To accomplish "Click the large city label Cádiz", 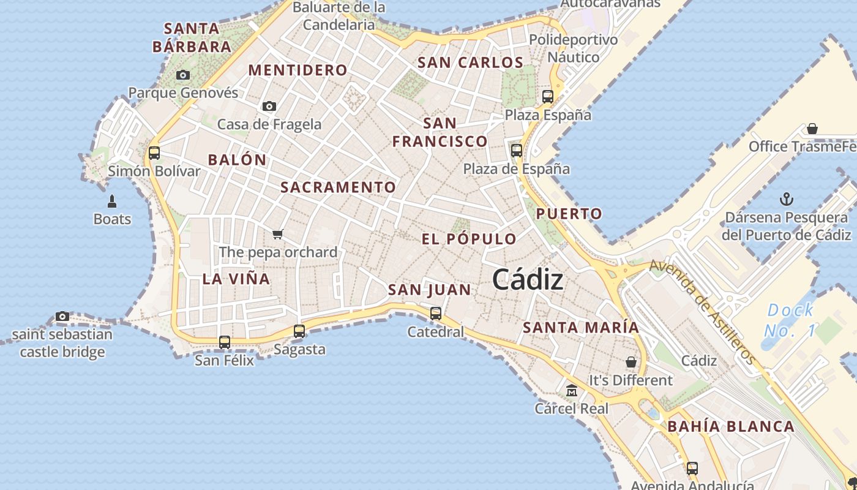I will [527, 280].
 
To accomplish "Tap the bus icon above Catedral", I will [436, 314].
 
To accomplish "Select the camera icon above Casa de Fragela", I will [269, 107].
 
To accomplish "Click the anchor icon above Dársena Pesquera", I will [787, 199].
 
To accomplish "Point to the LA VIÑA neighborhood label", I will [236, 279].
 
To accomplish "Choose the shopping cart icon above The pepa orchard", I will [278, 234].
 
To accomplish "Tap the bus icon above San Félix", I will [225, 342].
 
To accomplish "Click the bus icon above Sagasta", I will [299, 331].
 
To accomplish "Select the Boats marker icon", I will [112, 201].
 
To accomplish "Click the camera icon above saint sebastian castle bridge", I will [62, 317].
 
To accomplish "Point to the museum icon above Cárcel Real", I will [572, 391].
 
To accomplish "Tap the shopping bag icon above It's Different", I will [631, 362].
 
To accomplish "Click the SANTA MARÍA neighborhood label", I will [581, 328].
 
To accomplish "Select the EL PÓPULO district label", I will [469, 239].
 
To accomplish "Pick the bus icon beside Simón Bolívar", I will [154, 153].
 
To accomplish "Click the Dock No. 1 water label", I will [790, 320].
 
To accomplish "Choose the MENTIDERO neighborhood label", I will [298, 70].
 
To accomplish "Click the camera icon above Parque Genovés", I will [182, 75].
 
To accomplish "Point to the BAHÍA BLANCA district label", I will [731, 427].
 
